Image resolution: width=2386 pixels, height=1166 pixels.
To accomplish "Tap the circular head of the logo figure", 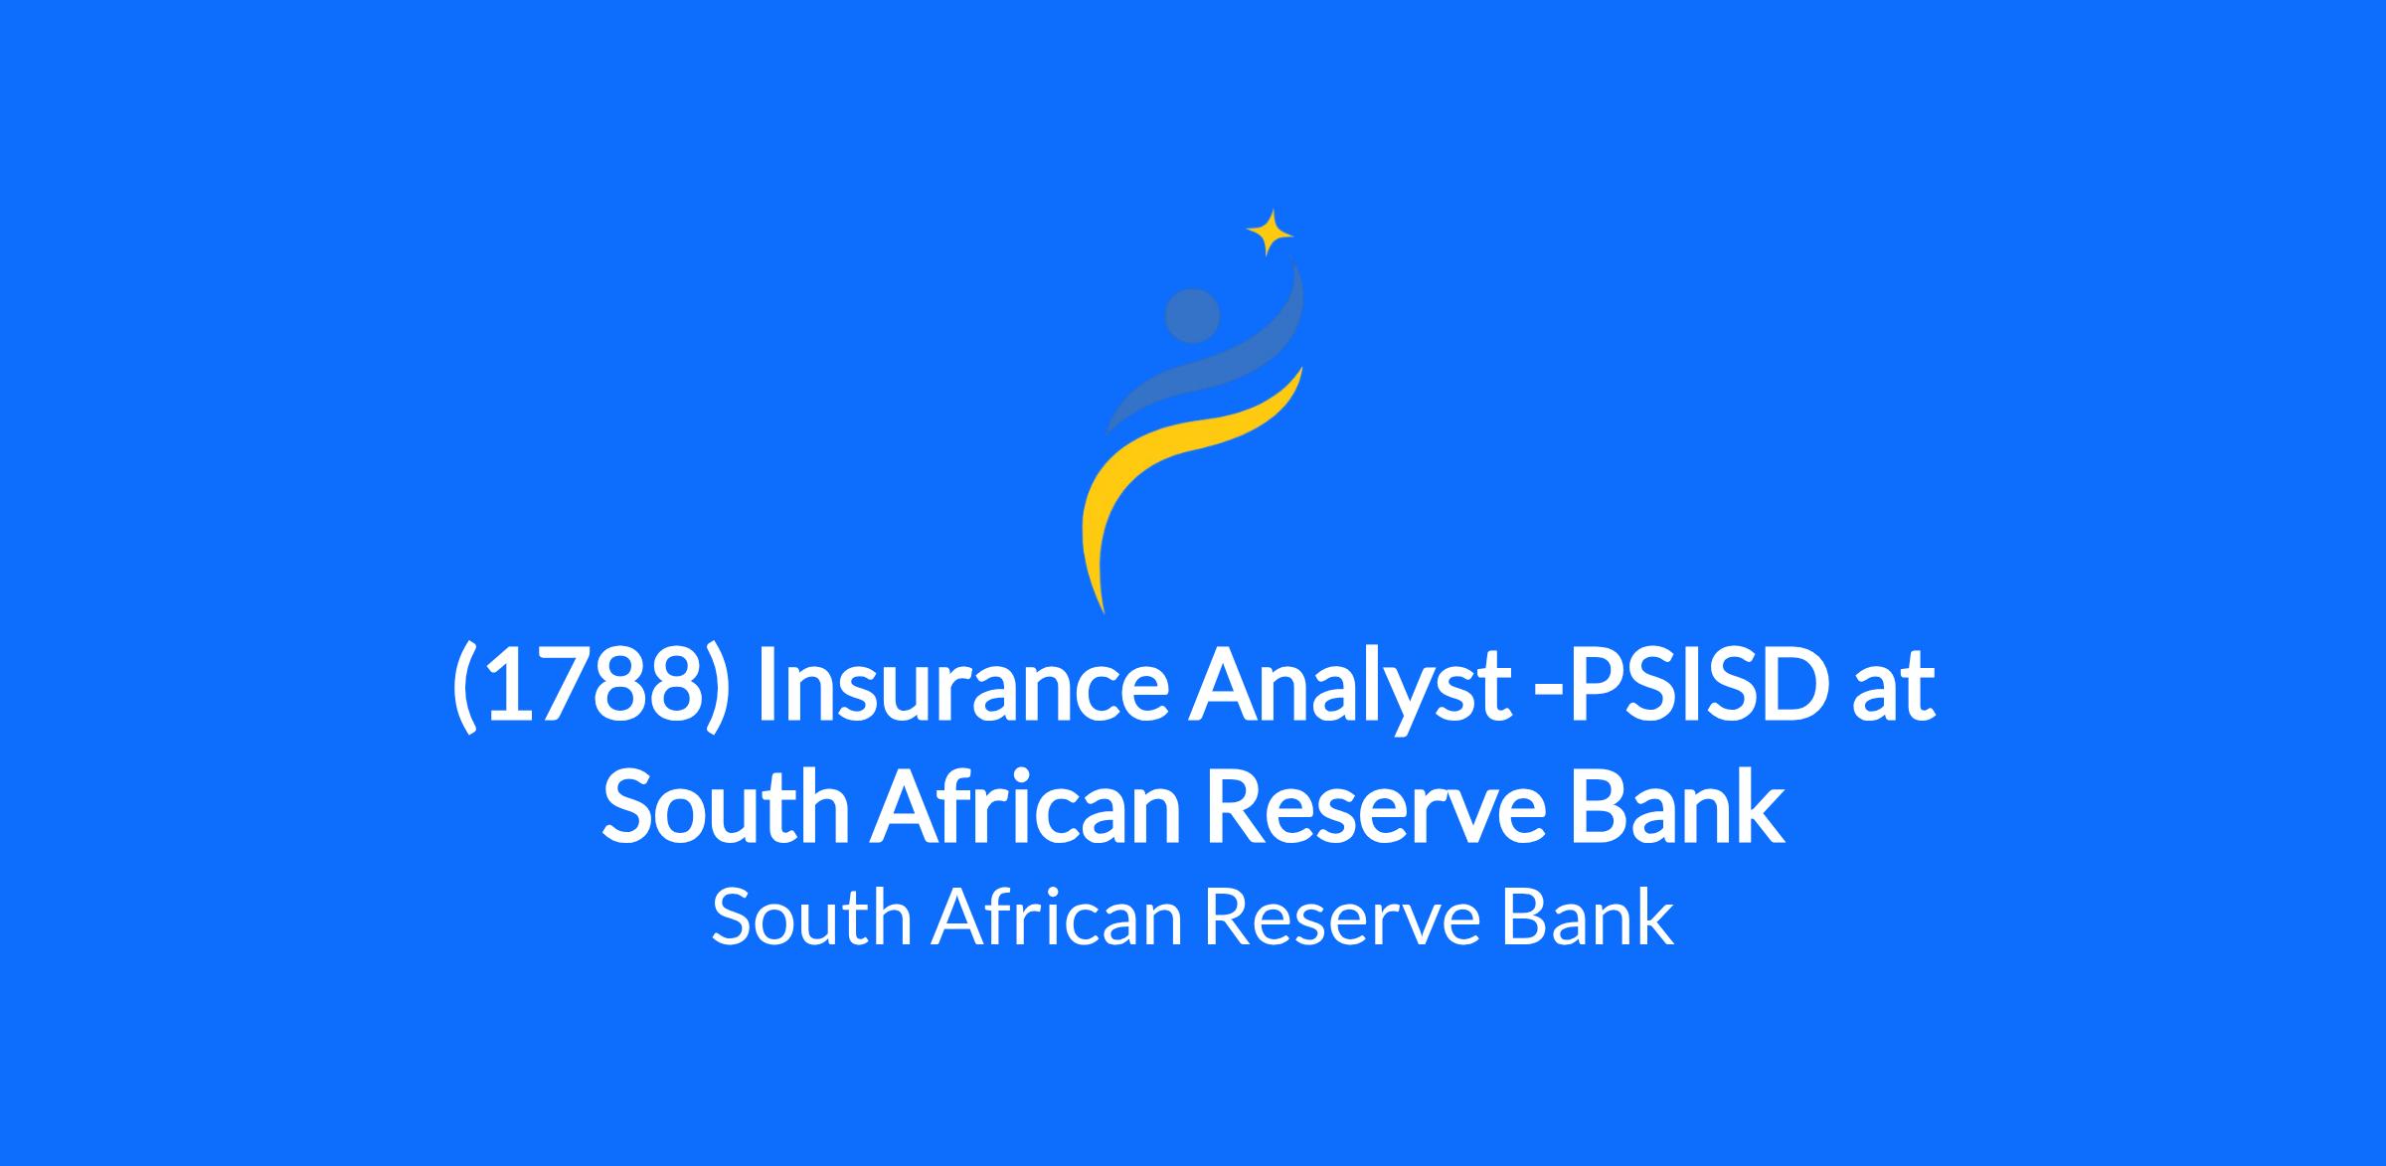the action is click(1192, 316).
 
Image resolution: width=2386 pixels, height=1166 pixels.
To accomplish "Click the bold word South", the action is click(726, 806).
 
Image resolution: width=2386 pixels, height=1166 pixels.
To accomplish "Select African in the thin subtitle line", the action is click(1057, 917).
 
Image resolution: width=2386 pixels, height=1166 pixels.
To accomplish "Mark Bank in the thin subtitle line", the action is click(1587, 917).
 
